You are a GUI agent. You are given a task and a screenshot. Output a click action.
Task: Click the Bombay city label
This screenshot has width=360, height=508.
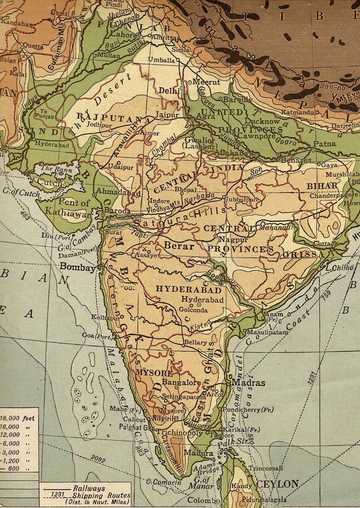(77, 267)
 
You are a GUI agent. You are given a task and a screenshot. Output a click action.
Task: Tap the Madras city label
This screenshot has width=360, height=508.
(248, 382)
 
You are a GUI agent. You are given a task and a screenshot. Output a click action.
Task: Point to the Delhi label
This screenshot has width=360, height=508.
(168, 90)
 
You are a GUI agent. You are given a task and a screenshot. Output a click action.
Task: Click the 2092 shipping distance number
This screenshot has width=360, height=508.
(98, 461)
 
